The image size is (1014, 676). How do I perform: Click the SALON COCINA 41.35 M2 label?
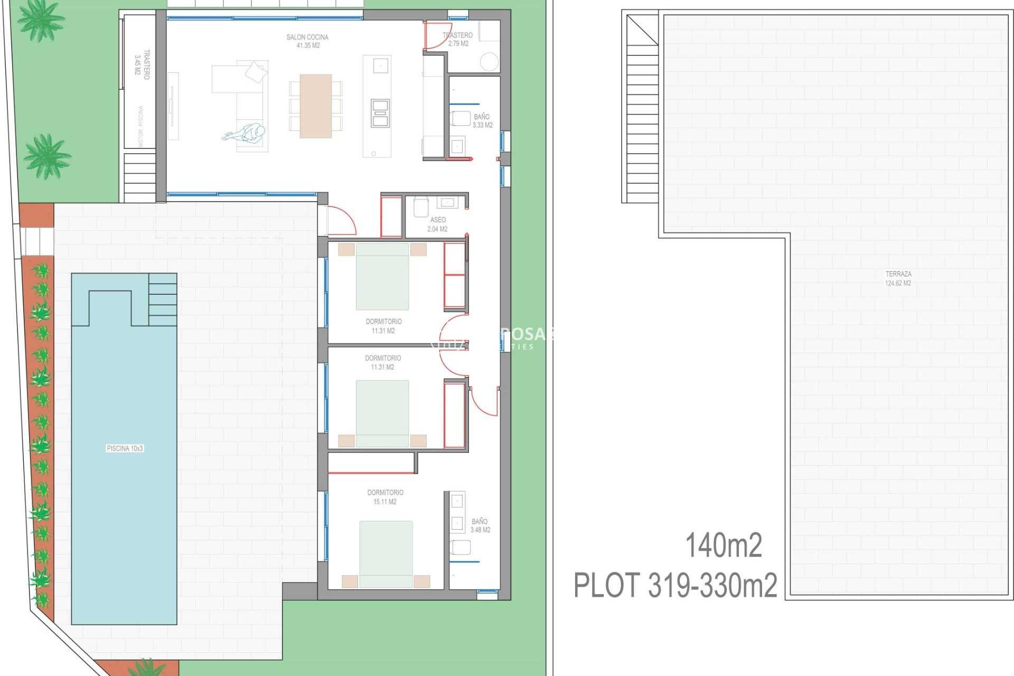coord(307,41)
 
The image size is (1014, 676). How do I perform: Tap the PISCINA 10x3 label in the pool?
coord(125,448)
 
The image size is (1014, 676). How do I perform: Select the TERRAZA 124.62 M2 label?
coord(898,278)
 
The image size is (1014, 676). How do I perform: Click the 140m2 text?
coord(724,545)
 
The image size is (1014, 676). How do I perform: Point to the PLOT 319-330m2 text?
coord(675,585)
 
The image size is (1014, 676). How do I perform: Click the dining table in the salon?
coord(315,106)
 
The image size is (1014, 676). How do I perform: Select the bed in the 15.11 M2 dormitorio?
coord(386,553)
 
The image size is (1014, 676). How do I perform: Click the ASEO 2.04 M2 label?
coord(437,224)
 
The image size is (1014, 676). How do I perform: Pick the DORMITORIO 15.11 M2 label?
coord(385,497)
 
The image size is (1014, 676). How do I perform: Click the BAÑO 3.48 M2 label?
coord(480,525)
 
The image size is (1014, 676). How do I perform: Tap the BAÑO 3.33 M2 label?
coord(482,121)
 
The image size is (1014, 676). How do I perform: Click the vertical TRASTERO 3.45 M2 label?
coord(142,64)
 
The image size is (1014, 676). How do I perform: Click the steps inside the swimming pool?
coord(163,299)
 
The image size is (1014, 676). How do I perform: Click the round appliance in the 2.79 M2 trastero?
coord(490,62)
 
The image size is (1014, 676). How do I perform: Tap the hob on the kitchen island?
coord(380,113)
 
